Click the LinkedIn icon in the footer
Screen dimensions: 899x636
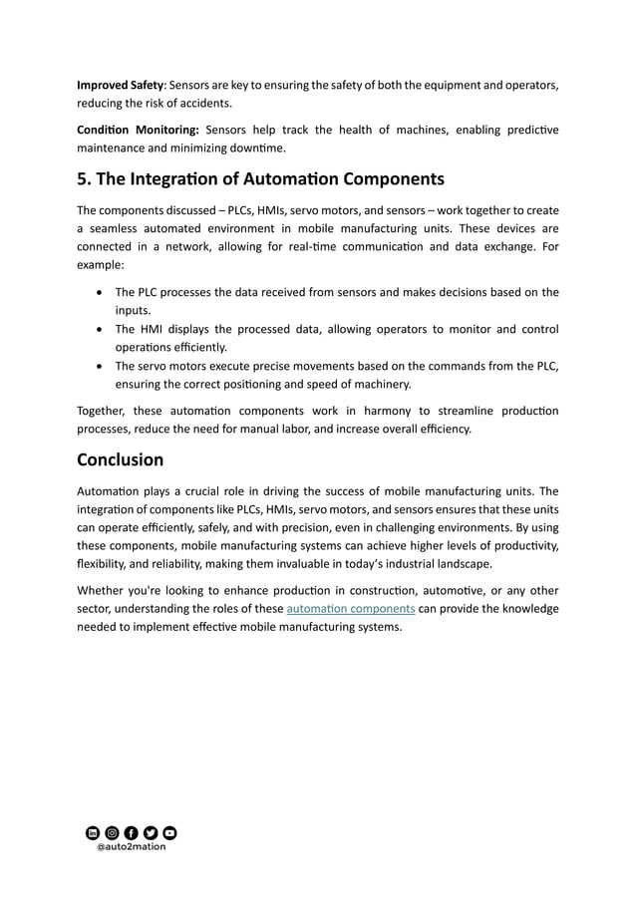pyautogui.click(x=93, y=832)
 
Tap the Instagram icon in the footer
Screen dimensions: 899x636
pyautogui.click(x=112, y=832)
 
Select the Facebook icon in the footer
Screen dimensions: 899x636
pyautogui.click(x=131, y=832)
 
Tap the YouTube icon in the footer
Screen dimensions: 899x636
pyautogui.click(x=169, y=832)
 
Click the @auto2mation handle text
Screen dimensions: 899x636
pyautogui.click(x=131, y=847)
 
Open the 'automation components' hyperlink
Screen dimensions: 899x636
pyautogui.click(x=351, y=608)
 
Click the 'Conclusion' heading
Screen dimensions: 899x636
pyautogui.click(x=121, y=459)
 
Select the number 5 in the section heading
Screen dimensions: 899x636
pyautogui.click(x=83, y=179)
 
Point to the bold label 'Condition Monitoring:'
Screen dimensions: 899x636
pyautogui.click(x=139, y=131)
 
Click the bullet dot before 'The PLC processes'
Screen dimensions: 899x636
pyautogui.click(x=100, y=293)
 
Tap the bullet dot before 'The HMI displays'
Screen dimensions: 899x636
pyautogui.click(x=100, y=330)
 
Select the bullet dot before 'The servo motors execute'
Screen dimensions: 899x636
pyautogui.click(x=100, y=367)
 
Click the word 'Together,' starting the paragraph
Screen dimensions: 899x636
pyautogui.click(x=104, y=412)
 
